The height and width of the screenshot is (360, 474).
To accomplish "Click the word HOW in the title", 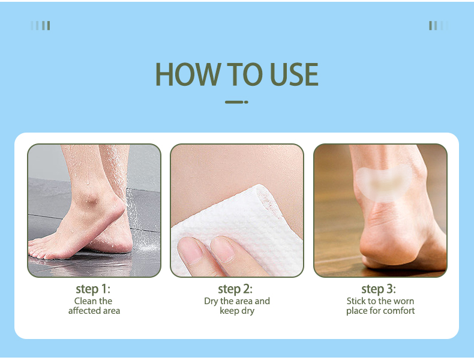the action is (x=188, y=74).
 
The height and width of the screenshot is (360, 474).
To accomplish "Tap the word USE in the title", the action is (x=294, y=74).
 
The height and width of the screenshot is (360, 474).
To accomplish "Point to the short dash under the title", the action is (x=236, y=102).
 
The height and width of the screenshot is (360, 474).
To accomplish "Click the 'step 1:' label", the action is (x=93, y=289).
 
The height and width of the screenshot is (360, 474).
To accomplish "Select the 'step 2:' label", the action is (x=235, y=289).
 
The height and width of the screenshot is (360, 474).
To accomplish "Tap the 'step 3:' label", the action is (x=379, y=289).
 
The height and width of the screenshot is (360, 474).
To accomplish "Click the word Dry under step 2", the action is (x=211, y=301).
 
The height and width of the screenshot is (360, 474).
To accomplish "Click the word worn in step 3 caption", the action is (x=404, y=301).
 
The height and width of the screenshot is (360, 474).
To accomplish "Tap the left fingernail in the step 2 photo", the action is (x=190, y=250).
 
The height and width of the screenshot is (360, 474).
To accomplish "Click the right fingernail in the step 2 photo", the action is (x=223, y=249).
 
